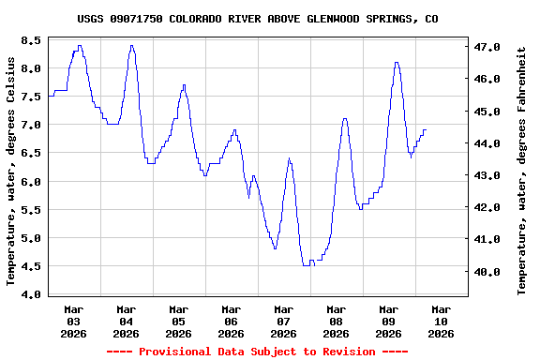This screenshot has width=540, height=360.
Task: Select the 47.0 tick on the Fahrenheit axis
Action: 487,47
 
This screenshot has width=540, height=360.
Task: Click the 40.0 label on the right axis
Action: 487,272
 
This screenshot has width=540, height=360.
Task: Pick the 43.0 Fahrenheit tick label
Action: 487,175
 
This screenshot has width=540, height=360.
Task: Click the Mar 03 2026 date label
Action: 73,321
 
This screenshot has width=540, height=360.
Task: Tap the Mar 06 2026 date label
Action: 231,321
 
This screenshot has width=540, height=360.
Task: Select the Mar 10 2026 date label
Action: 441,321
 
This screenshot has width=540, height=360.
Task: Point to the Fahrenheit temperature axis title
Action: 522,170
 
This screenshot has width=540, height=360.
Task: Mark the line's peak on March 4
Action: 131,45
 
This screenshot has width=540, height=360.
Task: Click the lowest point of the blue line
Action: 306,265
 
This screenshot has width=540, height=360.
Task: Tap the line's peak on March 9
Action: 397,62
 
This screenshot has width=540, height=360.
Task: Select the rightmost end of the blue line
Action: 426,130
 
